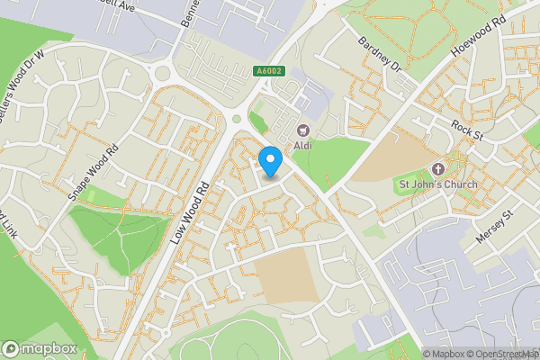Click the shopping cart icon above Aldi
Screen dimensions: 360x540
tap(303, 130)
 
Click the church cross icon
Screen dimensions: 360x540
tap(438, 169)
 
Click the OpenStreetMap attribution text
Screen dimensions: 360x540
tap(499, 354)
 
